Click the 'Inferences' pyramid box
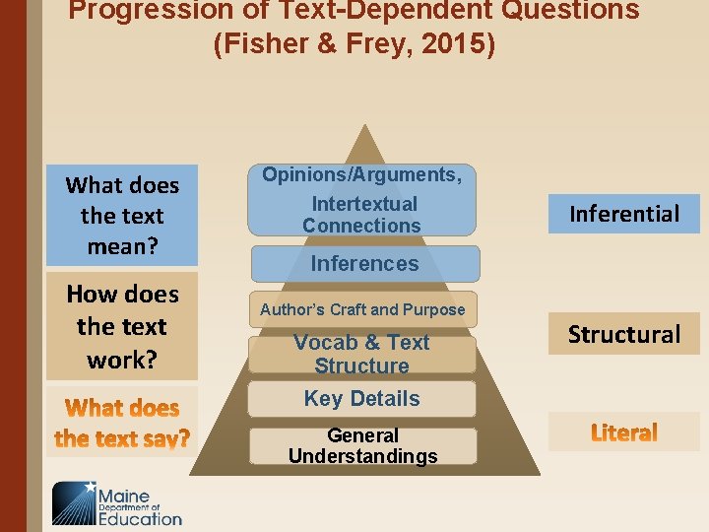(364, 264)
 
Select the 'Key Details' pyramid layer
(361, 399)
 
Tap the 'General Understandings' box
(362, 446)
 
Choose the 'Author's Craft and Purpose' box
(362, 309)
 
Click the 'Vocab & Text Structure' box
(361, 355)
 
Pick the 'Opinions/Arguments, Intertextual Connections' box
(361, 200)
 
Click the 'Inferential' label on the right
(624, 214)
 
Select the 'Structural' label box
(624, 334)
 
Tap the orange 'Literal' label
(624, 432)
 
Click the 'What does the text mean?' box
(122, 215)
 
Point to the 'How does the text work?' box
(122, 326)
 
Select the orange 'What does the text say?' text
(122, 423)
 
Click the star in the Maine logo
(91, 487)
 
